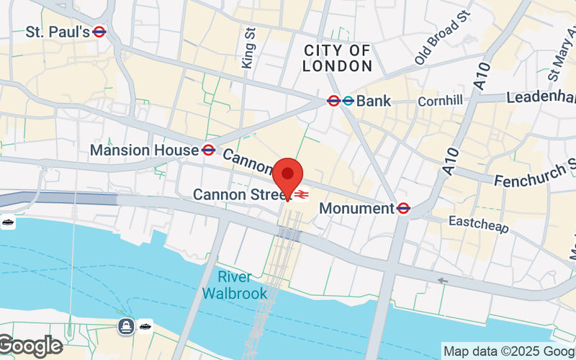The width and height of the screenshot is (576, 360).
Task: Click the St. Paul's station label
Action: pos(58,32)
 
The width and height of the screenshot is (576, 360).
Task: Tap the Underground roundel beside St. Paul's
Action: pos(100,32)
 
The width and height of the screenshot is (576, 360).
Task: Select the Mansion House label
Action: pos(144,150)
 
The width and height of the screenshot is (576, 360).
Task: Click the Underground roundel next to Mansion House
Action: pos(208,150)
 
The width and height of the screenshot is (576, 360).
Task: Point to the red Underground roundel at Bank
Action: pos(334,101)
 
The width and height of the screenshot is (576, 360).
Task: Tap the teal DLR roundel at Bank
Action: pos(348,101)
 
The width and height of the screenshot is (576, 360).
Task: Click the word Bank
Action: pos(374,101)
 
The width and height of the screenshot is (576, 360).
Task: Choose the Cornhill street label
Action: pos(440,101)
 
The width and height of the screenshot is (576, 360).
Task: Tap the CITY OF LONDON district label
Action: pos(337,58)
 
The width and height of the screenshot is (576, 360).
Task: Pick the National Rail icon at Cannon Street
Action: pos(302,194)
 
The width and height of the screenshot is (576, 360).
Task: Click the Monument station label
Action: pos(356,208)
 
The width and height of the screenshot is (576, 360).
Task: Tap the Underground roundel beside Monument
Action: pos(403,208)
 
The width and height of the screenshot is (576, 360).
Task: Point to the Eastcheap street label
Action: pos(479,224)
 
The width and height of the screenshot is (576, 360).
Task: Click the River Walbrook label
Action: pos(234,285)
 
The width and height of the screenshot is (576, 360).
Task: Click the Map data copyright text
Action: pos(508,351)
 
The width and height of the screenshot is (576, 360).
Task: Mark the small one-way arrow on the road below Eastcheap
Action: pos(443,281)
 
